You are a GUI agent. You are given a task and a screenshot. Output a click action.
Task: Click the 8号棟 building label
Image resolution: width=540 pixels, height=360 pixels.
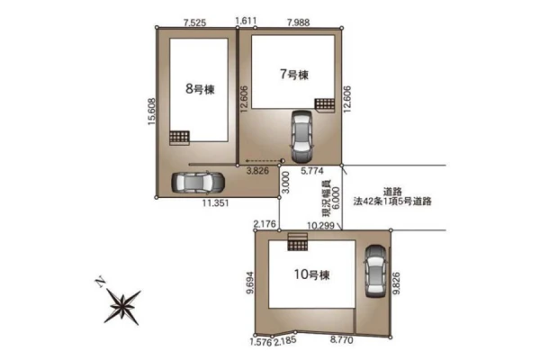(x=200, y=89)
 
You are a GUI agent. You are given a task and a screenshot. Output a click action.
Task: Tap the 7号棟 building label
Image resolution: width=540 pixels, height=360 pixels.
(x=294, y=75)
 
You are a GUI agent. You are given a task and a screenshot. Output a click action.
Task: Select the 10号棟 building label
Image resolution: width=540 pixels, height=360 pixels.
(x=311, y=274)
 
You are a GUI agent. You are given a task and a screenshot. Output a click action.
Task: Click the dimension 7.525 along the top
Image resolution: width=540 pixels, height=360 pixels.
(x=194, y=22)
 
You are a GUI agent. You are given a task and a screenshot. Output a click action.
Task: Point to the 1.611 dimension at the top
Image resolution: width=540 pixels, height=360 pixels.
(x=246, y=21)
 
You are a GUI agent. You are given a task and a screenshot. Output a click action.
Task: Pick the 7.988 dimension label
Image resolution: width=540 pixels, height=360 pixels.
(x=298, y=22)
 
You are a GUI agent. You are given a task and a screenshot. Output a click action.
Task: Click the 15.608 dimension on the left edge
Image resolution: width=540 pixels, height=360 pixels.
(x=152, y=112)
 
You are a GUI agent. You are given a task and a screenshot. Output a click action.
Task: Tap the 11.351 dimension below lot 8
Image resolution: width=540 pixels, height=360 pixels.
(x=215, y=202)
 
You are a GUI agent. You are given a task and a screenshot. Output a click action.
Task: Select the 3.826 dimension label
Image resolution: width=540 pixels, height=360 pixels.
(x=257, y=170)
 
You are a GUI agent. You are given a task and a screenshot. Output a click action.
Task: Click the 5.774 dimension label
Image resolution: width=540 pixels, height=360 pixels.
(x=312, y=170)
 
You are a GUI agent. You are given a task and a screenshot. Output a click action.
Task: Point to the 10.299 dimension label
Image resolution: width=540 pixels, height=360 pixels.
(x=320, y=226)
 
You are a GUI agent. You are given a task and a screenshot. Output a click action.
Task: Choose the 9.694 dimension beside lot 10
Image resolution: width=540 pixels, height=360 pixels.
(x=250, y=283)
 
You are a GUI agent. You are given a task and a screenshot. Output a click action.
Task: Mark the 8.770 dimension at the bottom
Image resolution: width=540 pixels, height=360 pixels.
(x=342, y=340)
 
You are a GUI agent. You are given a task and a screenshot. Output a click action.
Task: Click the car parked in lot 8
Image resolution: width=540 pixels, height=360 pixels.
(x=198, y=182)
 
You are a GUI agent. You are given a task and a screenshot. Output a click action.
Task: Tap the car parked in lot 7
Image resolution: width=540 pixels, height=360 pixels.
(x=301, y=137)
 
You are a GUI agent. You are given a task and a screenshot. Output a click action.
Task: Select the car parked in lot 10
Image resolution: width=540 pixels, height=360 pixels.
(x=375, y=271)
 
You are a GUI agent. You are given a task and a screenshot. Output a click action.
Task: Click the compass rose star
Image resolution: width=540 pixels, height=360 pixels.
(x=122, y=306)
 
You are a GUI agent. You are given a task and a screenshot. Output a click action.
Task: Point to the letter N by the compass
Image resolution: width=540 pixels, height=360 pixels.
(x=100, y=282)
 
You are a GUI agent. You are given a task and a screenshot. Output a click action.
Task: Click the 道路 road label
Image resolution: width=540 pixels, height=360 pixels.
(x=392, y=192)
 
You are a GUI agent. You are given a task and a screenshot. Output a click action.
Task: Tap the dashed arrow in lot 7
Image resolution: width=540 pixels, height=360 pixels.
(x=265, y=161)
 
